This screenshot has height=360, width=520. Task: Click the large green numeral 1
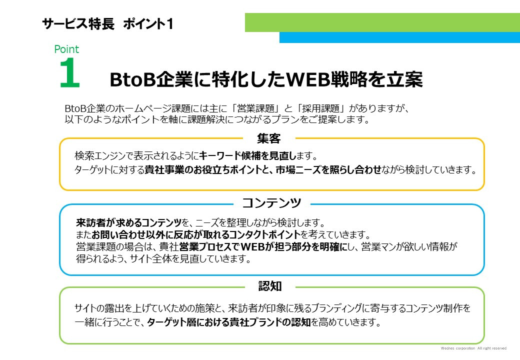click(x=69, y=74)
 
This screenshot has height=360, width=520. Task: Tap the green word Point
click(x=66, y=49)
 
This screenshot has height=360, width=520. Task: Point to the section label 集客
click(x=269, y=138)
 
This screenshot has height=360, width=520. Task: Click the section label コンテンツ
click(x=271, y=203)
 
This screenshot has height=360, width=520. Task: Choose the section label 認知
click(x=270, y=286)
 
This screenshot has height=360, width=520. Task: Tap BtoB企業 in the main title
click(x=142, y=79)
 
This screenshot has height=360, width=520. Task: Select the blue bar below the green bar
click(x=399, y=37)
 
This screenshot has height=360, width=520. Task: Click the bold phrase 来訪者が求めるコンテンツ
click(x=129, y=222)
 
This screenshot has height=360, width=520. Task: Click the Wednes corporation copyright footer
click(x=474, y=348)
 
